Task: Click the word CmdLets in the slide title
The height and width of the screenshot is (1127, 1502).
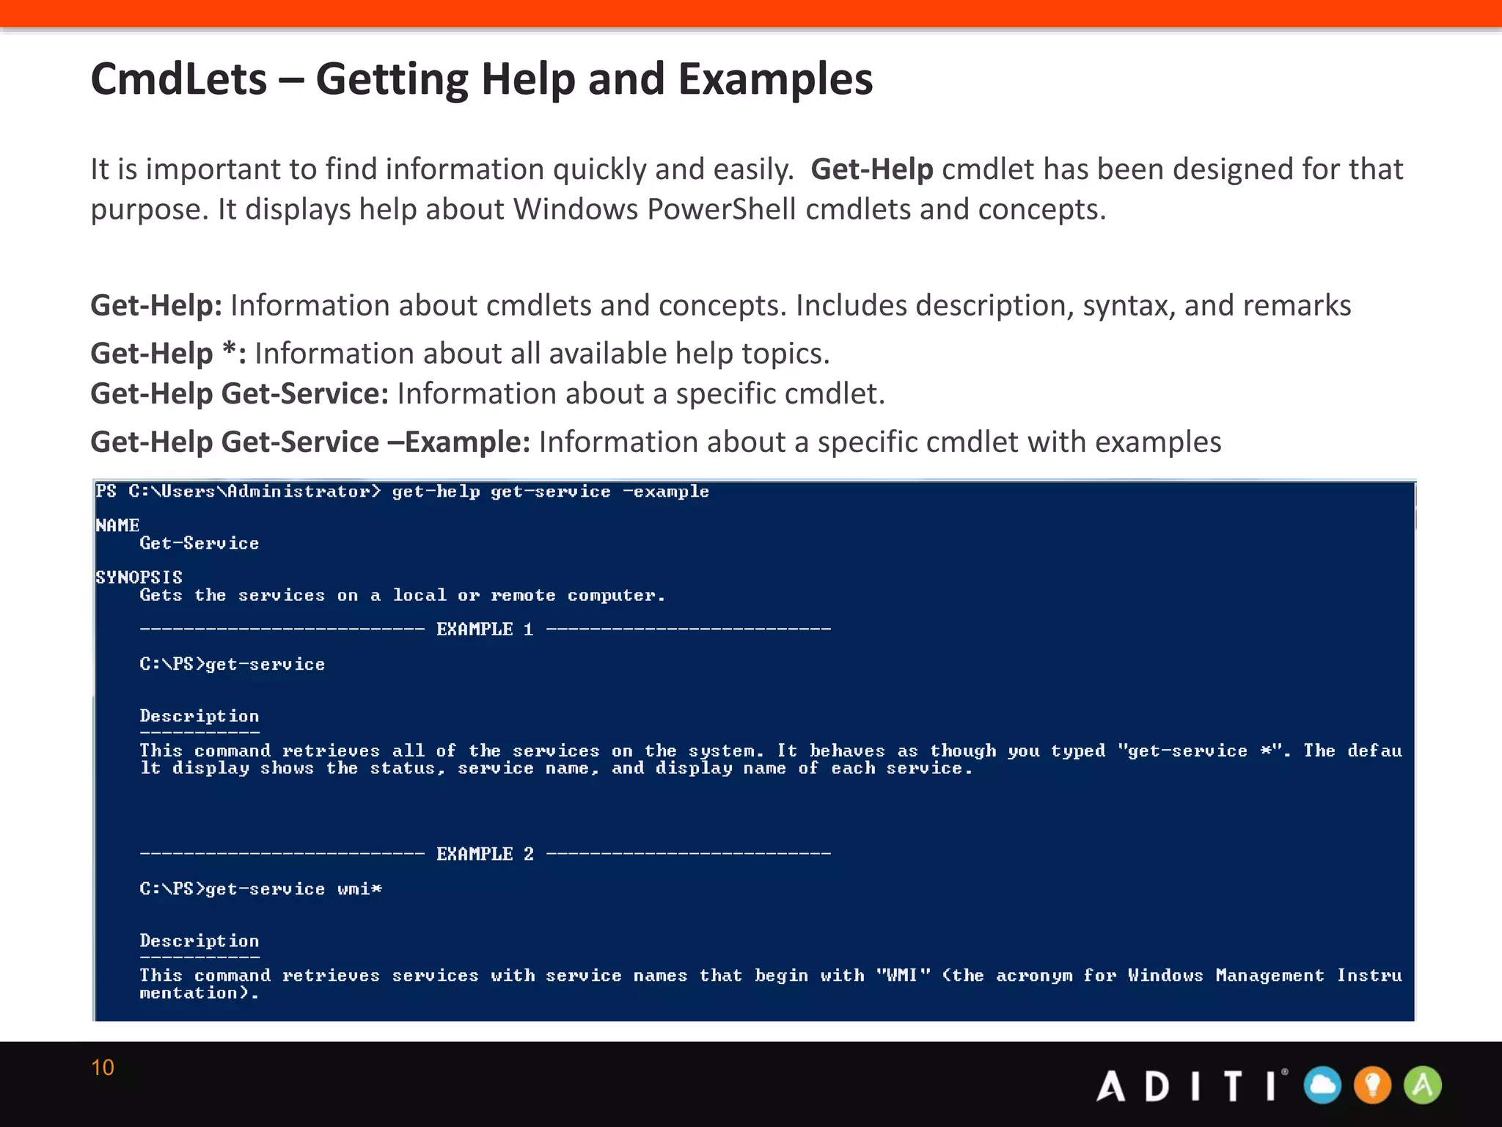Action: coord(178,79)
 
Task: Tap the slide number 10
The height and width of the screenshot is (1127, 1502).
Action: coord(103,1068)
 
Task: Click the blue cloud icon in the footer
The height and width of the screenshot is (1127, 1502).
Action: coord(1322,1085)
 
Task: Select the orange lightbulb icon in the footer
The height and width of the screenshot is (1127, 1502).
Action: coord(1372,1085)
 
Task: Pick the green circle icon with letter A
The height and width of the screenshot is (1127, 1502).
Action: coord(1423,1085)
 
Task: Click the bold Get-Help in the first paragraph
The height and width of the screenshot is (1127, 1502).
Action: coord(871,169)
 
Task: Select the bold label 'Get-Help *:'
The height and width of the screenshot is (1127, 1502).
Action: coord(168,354)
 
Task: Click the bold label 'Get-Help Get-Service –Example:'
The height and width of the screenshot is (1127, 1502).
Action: coord(309,442)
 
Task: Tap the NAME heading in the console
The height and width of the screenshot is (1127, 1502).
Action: coord(117,525)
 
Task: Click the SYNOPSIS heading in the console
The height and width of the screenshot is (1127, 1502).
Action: coord(139,577)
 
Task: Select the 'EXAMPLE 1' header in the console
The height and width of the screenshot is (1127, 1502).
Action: coord(485,630)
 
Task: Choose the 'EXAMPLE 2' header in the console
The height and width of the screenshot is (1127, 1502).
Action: coord(485,854)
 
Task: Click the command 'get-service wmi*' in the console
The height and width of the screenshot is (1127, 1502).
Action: coord(293,889)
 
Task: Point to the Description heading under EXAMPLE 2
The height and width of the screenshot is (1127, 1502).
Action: coord(199,941)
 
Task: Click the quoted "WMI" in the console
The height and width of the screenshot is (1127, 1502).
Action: coord(903,976)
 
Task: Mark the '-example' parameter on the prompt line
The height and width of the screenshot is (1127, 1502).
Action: coord(666,492)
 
